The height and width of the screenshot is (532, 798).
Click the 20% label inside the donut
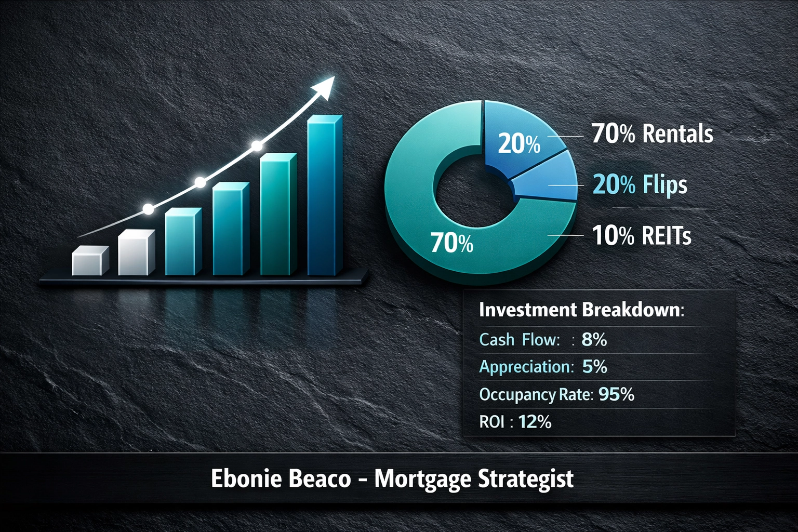(x=519, y=143)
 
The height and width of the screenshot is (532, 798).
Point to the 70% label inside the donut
(x=452, y=243)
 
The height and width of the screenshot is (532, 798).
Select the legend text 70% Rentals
(x=652, y=134)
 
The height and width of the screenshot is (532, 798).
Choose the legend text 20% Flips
(x=640, y=184)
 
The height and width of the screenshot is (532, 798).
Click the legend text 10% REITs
(x=642, y=235)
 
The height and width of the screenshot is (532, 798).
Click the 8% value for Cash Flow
(x=594, y=340)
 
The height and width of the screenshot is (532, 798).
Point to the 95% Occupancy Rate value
(x=617, y=394)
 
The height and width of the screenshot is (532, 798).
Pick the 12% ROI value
(x=535, y=421)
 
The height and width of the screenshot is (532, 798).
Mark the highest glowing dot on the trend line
(x=257, y=146)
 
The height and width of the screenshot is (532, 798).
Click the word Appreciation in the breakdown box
(x=526, y=367)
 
